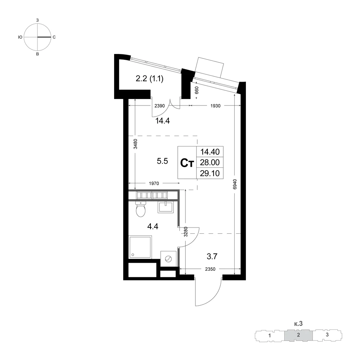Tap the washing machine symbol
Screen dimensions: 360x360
pyautogui.click(x=168, y=259)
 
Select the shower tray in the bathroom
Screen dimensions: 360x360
pyautogui.click(x=140, y=247)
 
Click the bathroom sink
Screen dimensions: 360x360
pyautogui.click(x=165, y=207)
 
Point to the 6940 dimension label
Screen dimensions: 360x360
pyautogui.click(x=234, y=184)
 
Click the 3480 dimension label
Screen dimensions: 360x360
pyautogui.click(x=135, y=144)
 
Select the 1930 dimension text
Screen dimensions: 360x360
pyautogui.click(x=215, y=105)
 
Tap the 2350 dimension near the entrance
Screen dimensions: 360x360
pyautogui.click(x=210, y=269)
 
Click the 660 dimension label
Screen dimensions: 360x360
pyautogui.click(x=197, y=90)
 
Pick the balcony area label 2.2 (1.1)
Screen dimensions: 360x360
pyautogui.click(x=149, y=79)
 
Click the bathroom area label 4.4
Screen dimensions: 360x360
pyautogui.click(x=153, y=226)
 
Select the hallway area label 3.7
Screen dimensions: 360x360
pyautogui.click(x=212, y=256)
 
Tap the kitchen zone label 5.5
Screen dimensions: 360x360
pyautogui.click(x=162, y=161)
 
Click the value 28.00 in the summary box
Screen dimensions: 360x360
pyautogui.click(x=210, y=162)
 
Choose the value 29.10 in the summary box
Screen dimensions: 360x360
pyautogui.click(x=210, y=173)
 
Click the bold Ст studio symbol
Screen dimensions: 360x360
pyautogui.click(x=187, y=163)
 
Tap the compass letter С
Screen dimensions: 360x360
pyautogui.click(x=54, y=37)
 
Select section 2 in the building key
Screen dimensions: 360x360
pyautogui.click(x=298, y=335)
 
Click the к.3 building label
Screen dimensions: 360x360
pyautogui.click(x=298, y=324)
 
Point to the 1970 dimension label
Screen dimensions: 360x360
pyautogui.click(x=154, y=184)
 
